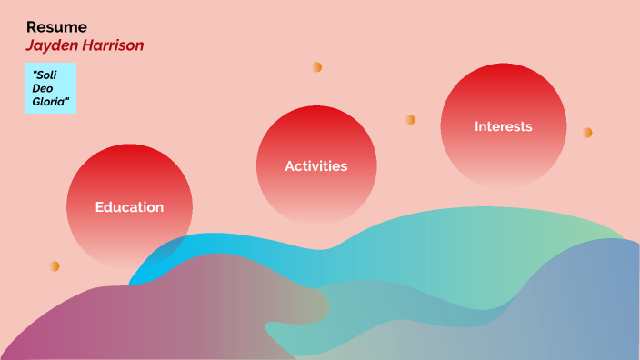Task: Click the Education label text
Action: [x=129, y=207]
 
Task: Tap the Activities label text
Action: [x=316, y=166]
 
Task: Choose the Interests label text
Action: [x=504, y=126]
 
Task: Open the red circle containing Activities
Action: [x=316, y=136]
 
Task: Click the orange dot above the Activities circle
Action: [x=317, y=67]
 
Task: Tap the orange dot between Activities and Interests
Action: [x=411, y=119]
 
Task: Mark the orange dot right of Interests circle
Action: [x=587, y=133]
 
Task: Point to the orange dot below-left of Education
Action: [x=55, y=266]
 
